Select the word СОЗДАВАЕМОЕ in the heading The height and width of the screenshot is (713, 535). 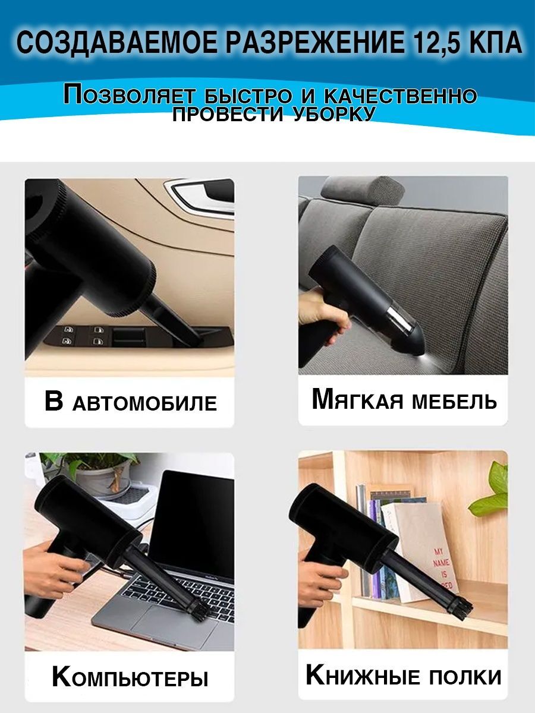point(117,42)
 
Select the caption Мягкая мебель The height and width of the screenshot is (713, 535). point(404,400)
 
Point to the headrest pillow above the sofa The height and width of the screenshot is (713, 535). point(361,191)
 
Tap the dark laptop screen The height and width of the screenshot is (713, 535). point(191,526)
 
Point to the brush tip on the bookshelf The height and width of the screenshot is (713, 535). point(461,610)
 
